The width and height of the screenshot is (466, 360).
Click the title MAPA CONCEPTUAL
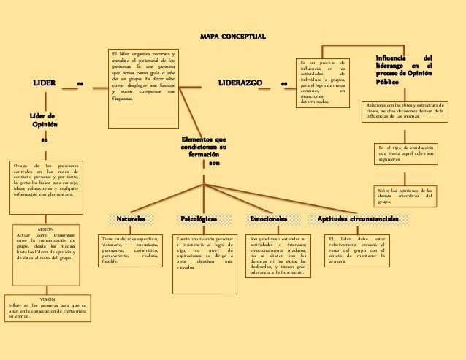tap(233, 37)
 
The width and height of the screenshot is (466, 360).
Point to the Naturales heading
tap(131, 218)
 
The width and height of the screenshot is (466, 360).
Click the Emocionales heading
tap(268, 218)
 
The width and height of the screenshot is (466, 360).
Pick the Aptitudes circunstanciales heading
tap(357, 218)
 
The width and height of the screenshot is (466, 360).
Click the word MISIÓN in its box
tap(45, 229)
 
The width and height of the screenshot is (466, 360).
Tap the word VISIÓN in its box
tap(47, 300)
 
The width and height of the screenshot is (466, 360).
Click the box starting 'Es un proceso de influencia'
tap(321, 83)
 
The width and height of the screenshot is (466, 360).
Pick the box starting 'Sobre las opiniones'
tap(405, 196)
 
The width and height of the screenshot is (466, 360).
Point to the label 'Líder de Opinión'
tap(45, 120)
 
